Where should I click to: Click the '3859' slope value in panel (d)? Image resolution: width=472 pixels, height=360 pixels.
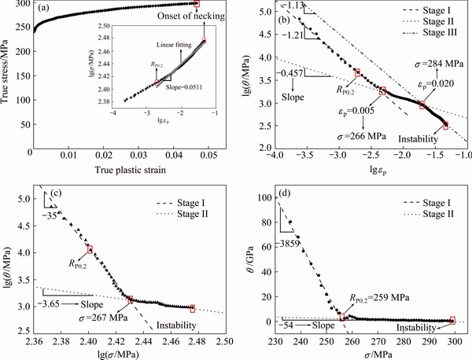click(291, 245)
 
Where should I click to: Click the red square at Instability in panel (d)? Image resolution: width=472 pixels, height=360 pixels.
click(452, 321)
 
